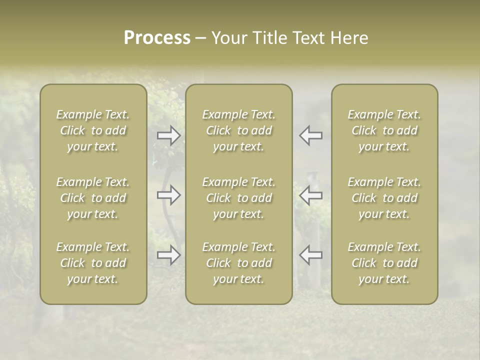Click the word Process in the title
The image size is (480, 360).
click(157, 38)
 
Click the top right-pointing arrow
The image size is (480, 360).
click(169, 135)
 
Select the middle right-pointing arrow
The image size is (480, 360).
click(169, 195)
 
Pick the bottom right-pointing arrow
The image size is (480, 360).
click(169, 255)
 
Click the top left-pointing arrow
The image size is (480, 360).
click(310, 135)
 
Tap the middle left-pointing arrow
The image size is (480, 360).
click(310, 195)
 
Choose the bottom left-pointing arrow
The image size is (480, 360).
click(310, 255)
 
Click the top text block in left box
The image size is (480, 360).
click(93, 130)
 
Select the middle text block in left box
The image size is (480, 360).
click(93, 198)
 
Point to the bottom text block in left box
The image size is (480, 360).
click(93, 263)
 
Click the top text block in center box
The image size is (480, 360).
click(238, 130)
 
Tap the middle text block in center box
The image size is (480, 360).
click(238, 198)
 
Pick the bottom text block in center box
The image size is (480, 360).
click(238, 263)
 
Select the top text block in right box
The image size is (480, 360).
click(384, 130)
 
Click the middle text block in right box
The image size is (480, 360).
click(384, 198)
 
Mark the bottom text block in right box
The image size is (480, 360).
click(384, 263)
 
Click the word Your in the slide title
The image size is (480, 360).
click(227, 38)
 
